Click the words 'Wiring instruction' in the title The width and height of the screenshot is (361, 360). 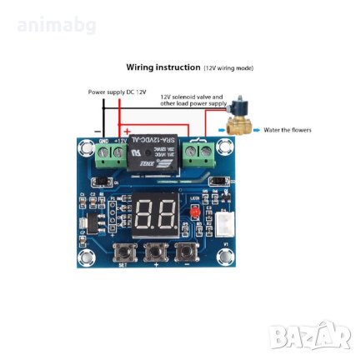pos(163,67)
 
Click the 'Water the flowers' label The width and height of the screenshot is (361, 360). pos(291,131)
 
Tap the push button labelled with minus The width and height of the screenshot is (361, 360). pos(188,251)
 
